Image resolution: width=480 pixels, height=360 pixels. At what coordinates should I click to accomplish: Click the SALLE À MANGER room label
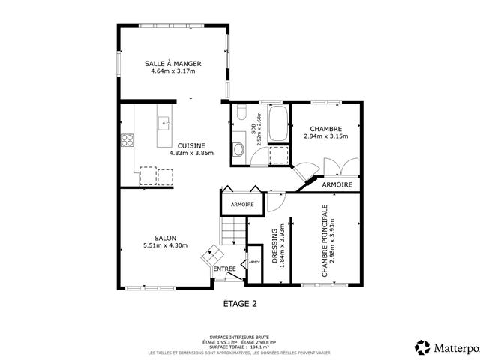(172, 64)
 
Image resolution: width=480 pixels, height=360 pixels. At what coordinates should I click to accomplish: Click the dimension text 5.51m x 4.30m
(164, 245)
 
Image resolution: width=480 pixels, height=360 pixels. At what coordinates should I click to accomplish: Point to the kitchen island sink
(163, 121)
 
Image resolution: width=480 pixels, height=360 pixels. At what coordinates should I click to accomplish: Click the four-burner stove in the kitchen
(127, 139)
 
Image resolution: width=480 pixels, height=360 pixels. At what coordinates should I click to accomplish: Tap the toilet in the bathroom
(240, 112)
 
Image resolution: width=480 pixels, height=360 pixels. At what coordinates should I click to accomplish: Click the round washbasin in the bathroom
(238, 150)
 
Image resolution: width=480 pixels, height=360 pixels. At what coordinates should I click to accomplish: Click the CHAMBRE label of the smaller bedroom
(325, 129)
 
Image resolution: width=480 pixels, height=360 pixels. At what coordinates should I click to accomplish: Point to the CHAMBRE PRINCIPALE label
(325, 241)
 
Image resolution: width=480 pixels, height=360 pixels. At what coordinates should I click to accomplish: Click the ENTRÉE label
(224, 268)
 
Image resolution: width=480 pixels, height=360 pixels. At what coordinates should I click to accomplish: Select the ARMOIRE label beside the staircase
(241, 205)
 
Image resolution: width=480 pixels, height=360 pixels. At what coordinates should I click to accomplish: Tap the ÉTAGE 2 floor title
(240, 304)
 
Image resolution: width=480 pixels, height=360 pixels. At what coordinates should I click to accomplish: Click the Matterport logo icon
(422, 346)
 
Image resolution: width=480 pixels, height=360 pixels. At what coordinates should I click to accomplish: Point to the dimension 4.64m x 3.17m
(172, 72)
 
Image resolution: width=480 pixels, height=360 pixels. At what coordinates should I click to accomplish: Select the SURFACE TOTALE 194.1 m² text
(240, 347)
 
